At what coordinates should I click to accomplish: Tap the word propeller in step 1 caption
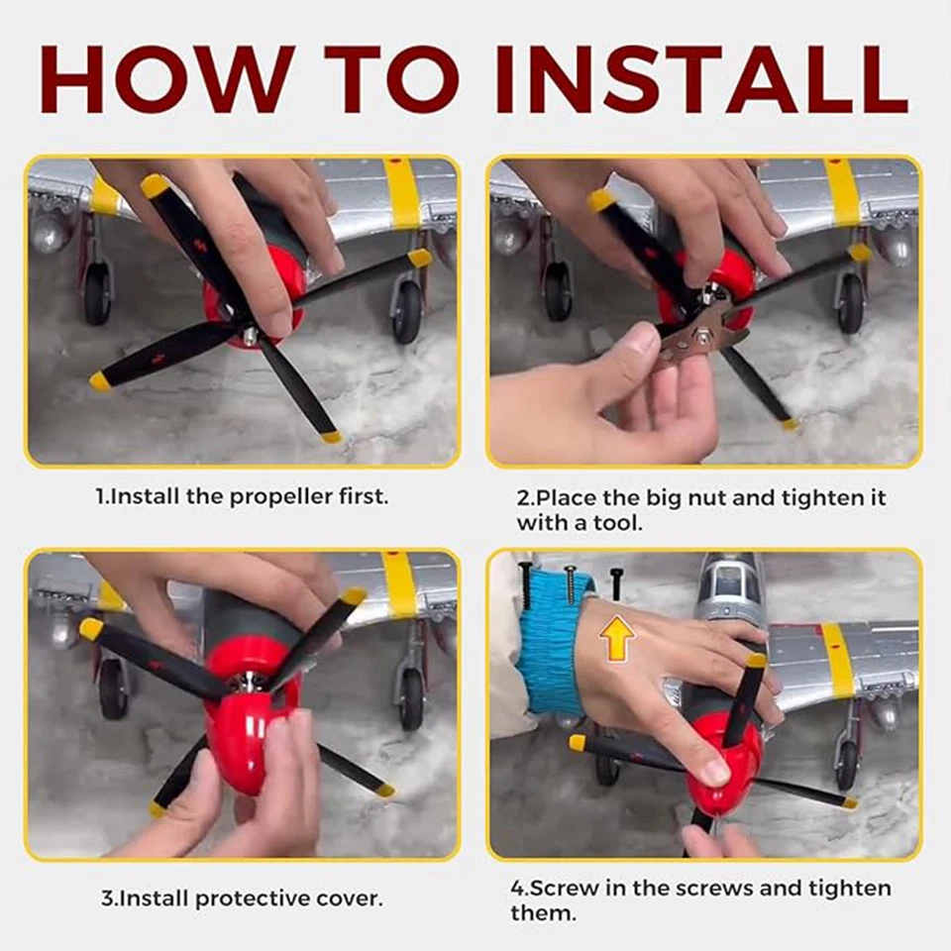pos(281,497)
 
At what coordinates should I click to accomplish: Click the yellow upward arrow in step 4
pos(617,642)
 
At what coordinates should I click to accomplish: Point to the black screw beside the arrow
pos(617,584)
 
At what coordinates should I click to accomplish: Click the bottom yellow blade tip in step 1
pos(331,436)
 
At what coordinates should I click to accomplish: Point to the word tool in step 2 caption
pos(617,523)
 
